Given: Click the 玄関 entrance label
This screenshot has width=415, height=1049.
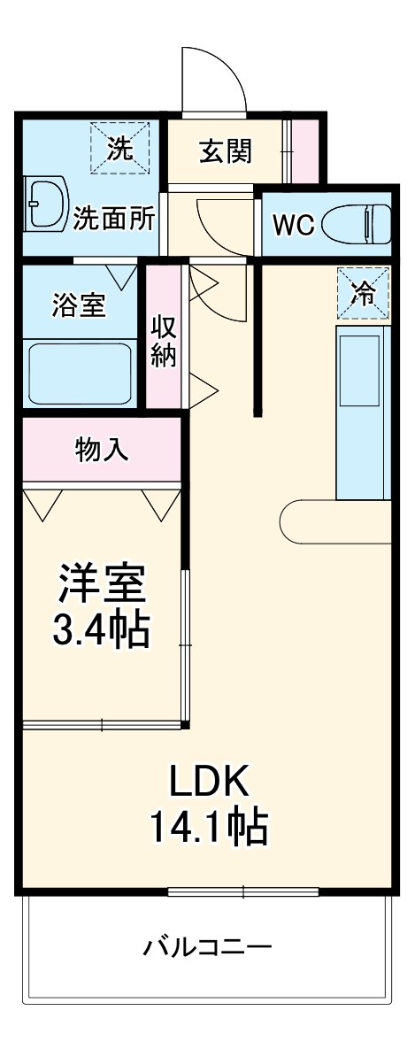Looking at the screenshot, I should click(225, 151).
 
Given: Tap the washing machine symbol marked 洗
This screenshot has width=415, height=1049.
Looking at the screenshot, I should click(119, 148).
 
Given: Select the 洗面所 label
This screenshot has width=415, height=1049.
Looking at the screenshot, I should click(114, 218).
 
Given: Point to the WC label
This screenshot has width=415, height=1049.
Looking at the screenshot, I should click(292, 225).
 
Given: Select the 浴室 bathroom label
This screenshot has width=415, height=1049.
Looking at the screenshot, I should click(79, 305).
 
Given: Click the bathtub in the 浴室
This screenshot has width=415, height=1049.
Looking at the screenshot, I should click(80, 373).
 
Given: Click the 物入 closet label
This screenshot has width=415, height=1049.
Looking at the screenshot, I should click(102, 450).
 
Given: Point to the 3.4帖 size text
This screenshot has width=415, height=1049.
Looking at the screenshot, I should click(100, 630).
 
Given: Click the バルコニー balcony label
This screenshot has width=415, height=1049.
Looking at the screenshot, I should click(208, 948).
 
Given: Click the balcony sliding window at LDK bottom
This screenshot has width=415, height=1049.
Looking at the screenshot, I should click(243, 891).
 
